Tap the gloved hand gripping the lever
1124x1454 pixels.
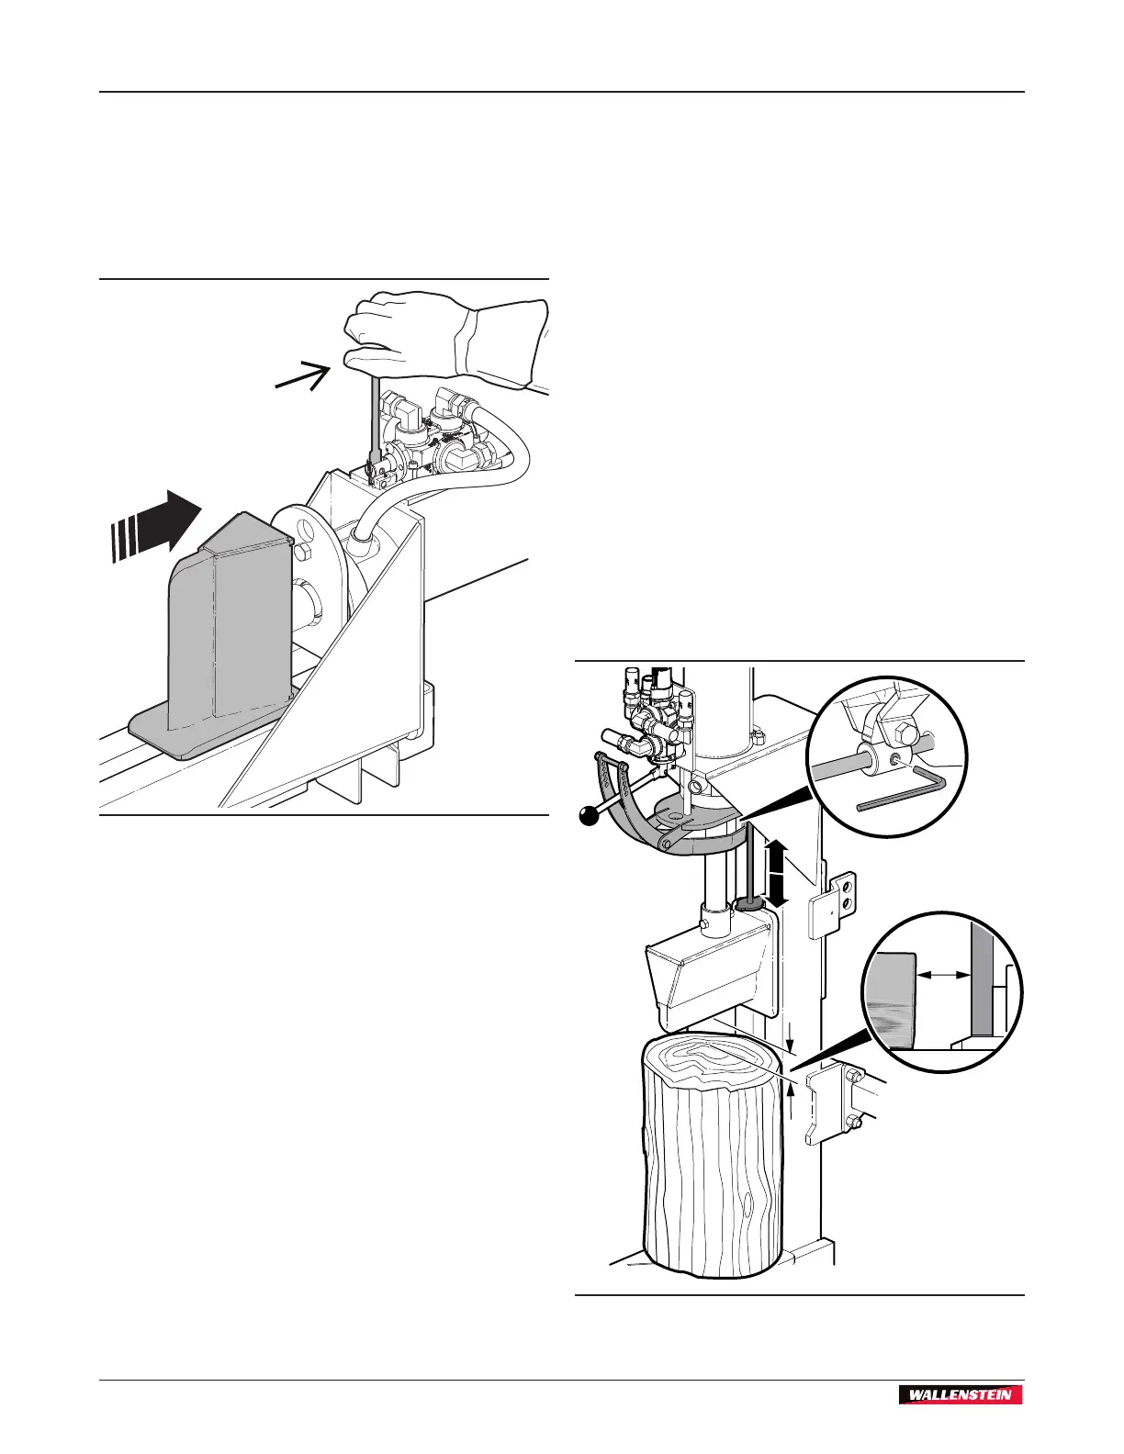432,335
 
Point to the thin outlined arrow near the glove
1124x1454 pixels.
304,376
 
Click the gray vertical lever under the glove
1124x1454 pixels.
375,422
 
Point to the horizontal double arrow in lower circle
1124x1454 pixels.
944,977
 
